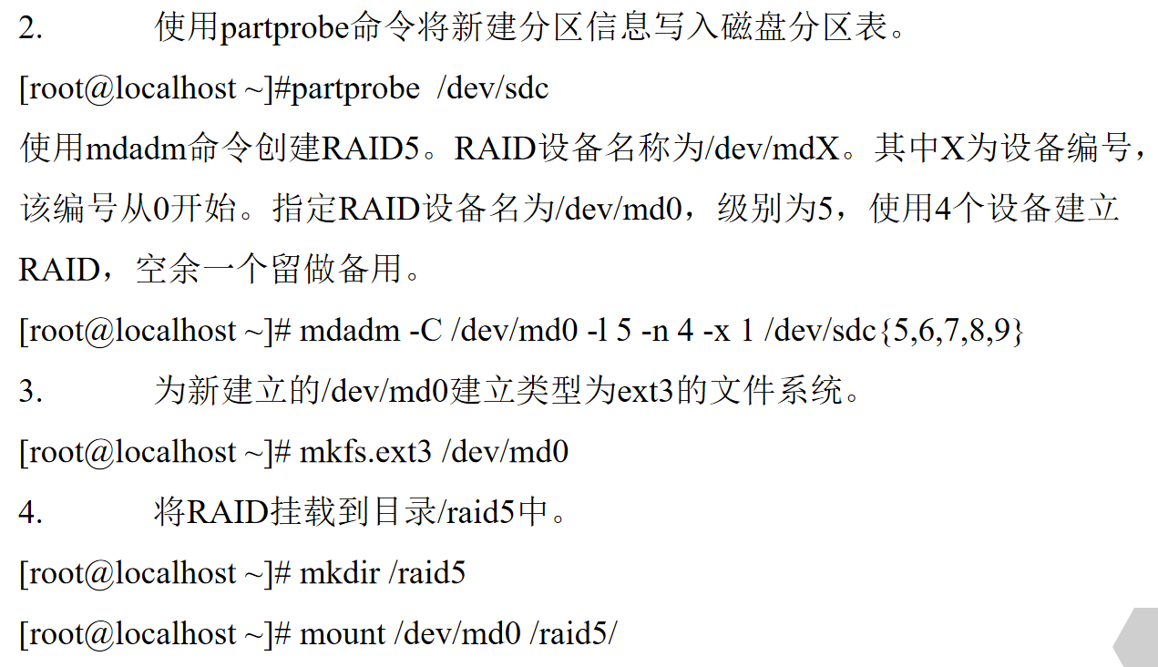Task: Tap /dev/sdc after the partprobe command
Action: coord(493,89)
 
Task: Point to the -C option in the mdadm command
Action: coord(425,332)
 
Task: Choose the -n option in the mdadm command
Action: coord(654,332)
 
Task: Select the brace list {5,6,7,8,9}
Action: coord(951,332)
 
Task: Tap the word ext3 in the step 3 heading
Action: coord(646,392)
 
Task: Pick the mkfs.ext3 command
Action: coord(365,452)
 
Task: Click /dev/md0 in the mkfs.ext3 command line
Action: coord(505,452)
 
